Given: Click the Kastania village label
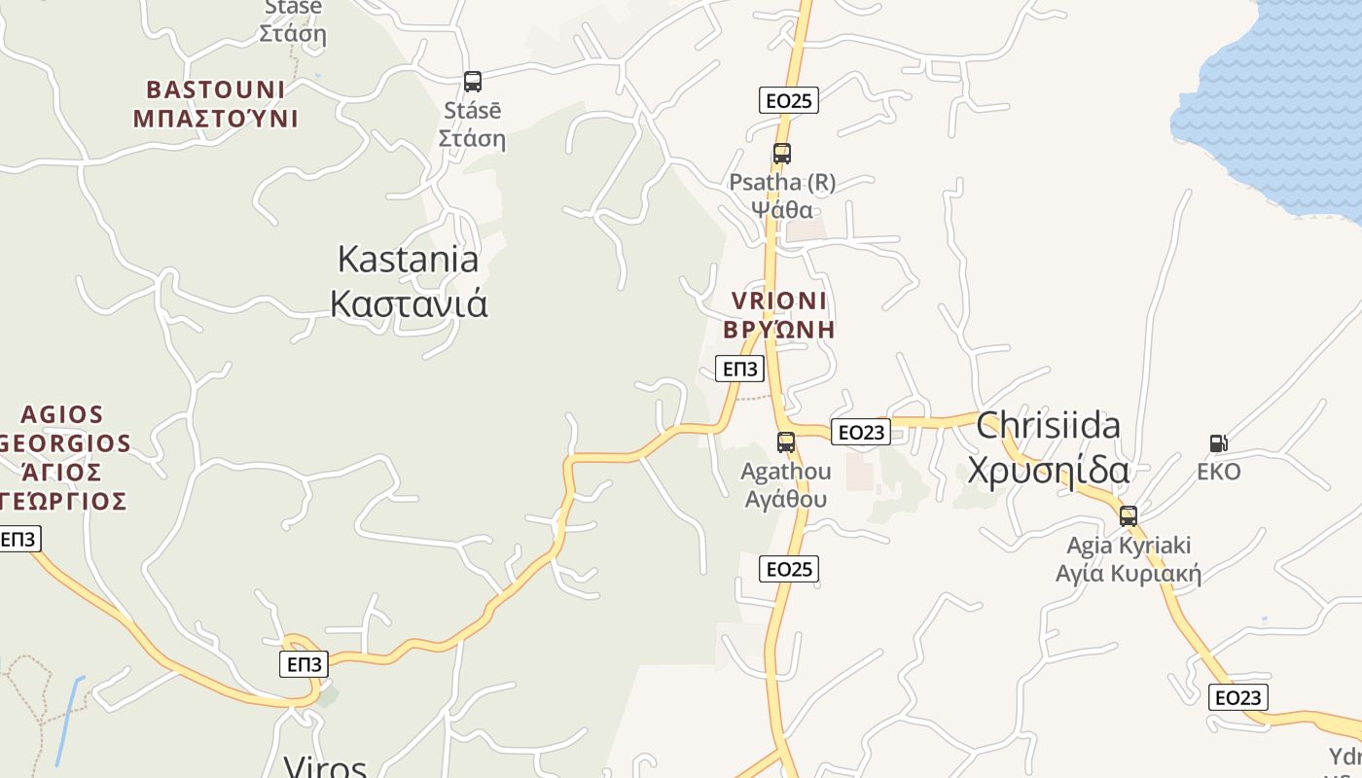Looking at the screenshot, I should pos(408,281).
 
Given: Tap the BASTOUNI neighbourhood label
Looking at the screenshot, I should pos(215,104).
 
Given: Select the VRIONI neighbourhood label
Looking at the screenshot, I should pos(779,314).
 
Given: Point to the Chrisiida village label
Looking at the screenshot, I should pos(1048,447).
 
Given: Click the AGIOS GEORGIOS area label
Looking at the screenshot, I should pos(64,458).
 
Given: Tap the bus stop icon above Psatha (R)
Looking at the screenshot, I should pos(781,154).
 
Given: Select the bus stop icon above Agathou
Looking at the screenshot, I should pos(786,442).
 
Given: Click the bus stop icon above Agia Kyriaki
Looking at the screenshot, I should pos(1129,516).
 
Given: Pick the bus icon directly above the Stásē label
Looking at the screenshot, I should pos(473,82).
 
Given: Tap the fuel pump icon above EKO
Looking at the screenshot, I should pos(1218,443).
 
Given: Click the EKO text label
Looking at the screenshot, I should pos(1219,472).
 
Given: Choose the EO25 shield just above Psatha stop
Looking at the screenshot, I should pos(788,100).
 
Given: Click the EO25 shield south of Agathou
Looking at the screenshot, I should pos(788,569).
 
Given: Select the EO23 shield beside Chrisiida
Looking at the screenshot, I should pos(861,432).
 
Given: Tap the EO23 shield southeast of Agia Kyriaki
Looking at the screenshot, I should pos(1238,697).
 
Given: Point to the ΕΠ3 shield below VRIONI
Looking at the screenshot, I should pos(739,369).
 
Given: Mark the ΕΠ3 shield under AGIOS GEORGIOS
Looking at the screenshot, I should pos(18,539).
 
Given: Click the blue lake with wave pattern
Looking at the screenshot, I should pos(1274,107).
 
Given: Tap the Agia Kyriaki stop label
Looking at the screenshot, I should pos(1129,559).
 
